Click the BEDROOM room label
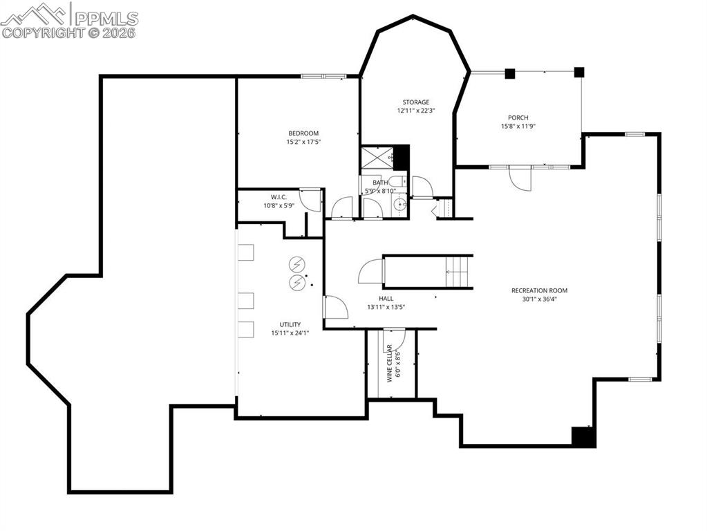click(303, 133)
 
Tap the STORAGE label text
click(416, 102)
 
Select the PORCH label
click(518, 118)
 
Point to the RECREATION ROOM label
click(539, 290)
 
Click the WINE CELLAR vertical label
click(390, 363)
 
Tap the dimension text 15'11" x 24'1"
click(290, 333)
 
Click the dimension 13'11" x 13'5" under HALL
click(386, 307)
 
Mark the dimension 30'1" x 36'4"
click(539, 299)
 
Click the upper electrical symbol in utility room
click(296, 265)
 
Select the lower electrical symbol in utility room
click(296, 282)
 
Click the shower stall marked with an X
click(376, 158)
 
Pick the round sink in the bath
click(399, 205)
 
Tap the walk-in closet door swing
click(310, 200)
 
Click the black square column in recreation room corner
click(583, 437)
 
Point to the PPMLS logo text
click(106, 19)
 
